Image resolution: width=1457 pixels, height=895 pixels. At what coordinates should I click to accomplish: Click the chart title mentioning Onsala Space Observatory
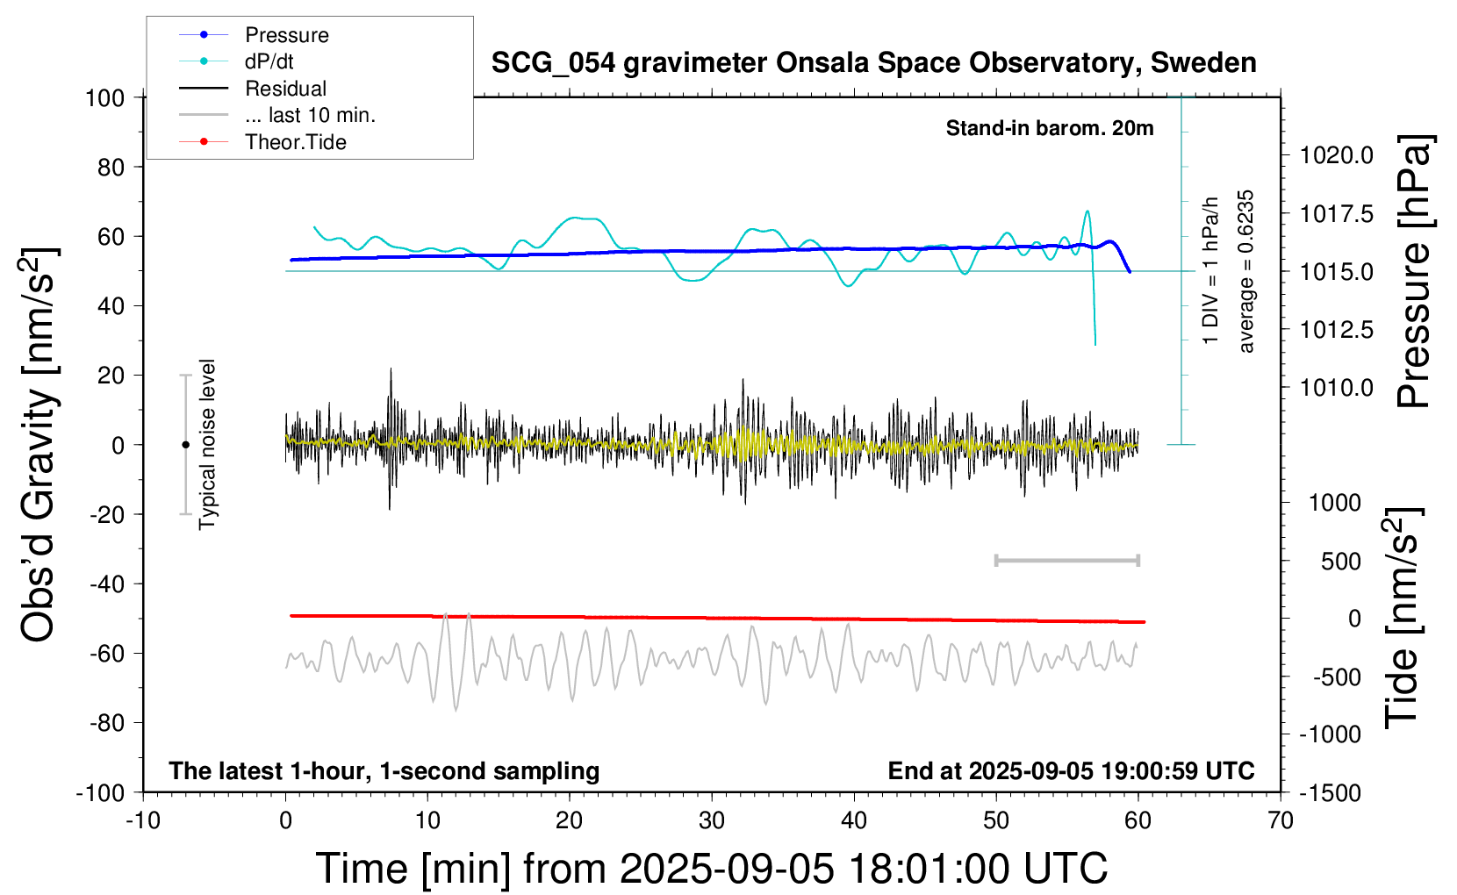click(x=873, y=63)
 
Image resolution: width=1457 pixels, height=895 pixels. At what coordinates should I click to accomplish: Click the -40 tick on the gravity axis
click(x=106, y=584)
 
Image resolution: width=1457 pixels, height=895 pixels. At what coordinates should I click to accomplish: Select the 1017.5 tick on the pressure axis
click(x=1337, y=213)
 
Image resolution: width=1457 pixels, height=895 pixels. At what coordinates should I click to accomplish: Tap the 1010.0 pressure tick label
click(x=1337, y=387)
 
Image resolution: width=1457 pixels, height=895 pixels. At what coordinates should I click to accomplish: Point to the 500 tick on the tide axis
click(x=1341, y=561)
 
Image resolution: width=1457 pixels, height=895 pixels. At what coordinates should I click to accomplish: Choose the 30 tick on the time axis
click(x=712, y=820)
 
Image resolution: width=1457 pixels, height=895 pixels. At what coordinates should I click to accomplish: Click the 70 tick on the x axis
click(x=1281, y=820)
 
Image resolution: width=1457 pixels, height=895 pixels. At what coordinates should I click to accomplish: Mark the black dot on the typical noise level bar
click(x=185, y=445)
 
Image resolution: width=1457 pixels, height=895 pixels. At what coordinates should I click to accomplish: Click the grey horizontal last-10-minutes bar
click(x=1066, y=560)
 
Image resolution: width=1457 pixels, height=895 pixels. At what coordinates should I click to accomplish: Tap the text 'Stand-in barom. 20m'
click(x=1050, y=128)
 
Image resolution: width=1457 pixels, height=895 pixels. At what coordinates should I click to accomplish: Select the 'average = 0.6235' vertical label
click(x=1246, y=271)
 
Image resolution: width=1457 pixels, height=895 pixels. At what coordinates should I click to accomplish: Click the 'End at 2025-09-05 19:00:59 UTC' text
click(x=1071, y=770)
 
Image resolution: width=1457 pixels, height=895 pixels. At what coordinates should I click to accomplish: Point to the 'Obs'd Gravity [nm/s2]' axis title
click(x=39, y=445)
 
